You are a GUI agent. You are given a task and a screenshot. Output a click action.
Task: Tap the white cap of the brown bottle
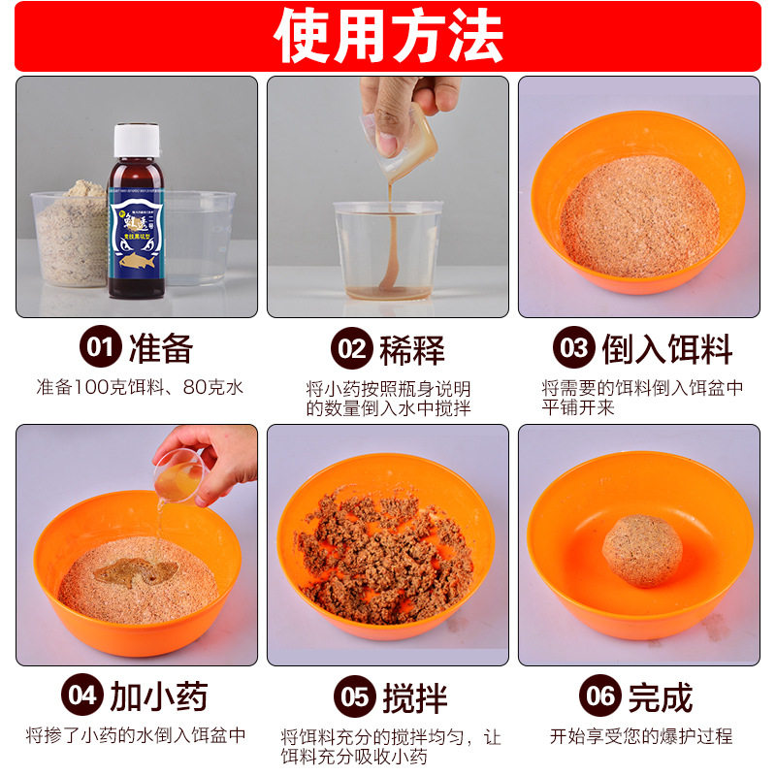(136, 140)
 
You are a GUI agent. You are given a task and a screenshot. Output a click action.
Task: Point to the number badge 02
(350, 348)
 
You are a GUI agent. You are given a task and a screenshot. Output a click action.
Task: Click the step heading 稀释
(412, 348)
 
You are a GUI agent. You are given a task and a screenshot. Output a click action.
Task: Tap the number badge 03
(573, 348)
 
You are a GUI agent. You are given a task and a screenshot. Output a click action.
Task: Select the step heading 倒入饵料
(665, 348)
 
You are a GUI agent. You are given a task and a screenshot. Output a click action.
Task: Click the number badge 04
(81, 695)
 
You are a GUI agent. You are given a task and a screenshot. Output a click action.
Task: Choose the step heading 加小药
(157, 695)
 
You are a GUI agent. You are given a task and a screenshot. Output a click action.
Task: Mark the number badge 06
(599, 695)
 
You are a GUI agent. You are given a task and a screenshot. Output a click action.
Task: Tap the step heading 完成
(661, 695)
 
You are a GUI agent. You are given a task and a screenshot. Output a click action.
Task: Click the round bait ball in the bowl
(641, 550)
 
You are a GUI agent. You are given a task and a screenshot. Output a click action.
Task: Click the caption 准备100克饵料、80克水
(139, 387)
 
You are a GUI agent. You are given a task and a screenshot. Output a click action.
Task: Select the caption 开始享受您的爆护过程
(640, 735)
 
